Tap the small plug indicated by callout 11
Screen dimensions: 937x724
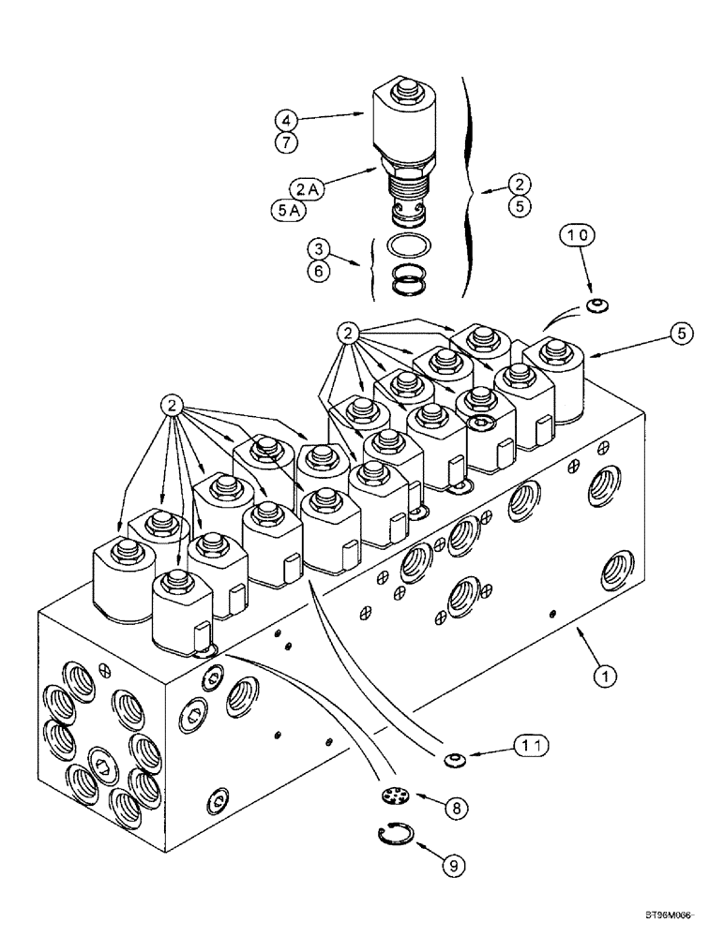(x=454, y=756)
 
